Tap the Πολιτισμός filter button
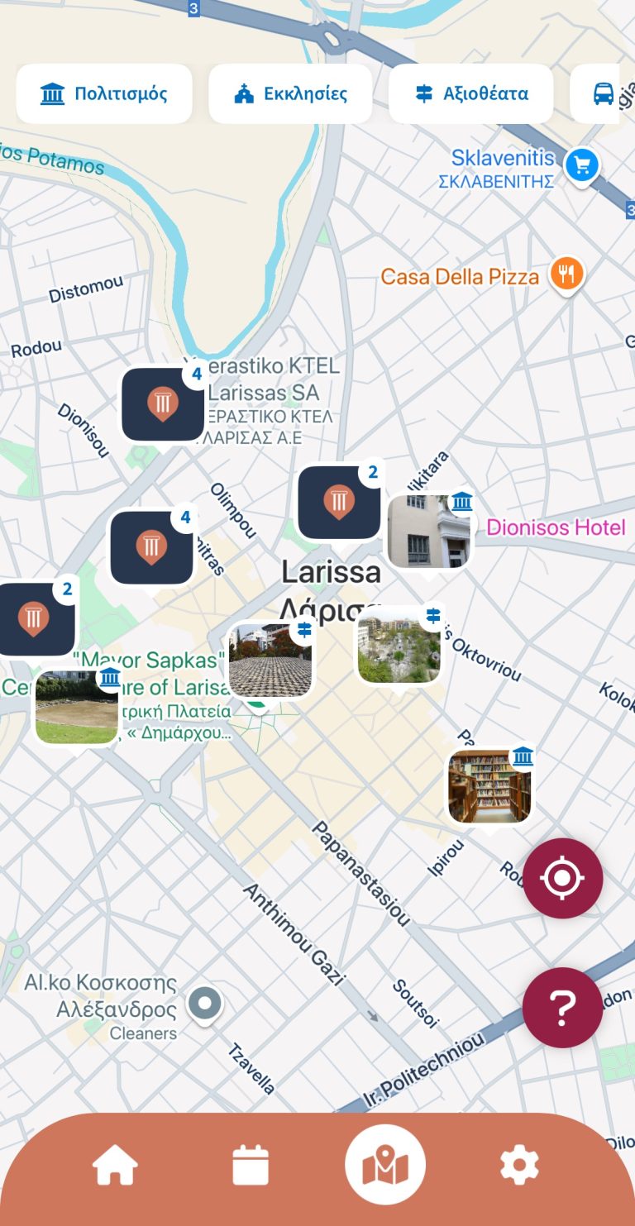click(104, 93)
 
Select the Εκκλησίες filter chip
click(290, 93)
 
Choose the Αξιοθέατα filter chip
click(471, 93)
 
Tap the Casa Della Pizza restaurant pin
click(567, 274)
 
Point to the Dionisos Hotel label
click(556, 527)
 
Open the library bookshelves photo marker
click(489, 786)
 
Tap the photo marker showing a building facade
click(429, 532)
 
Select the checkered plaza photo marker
click(271, 661)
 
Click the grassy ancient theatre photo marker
click(77, 708)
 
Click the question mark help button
click(562, 1008)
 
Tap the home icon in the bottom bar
click(115, 1166)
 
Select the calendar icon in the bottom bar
click(251, 1166)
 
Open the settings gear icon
click(519, 1166)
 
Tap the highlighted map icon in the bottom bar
click(384, 1166)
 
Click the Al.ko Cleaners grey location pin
click(204, 1004)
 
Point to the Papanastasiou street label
click(360, 873)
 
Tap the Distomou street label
click(85, 289)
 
